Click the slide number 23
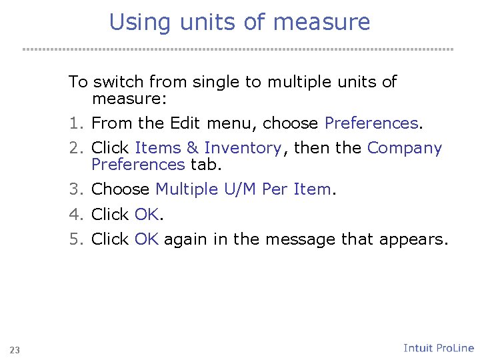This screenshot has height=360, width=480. pyautogui.click(x=15, y=350)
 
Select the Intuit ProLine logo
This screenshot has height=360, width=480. pyautogui.click(x=439, y=348)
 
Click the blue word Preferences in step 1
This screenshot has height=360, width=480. pyautogui.click(x=371, y=123)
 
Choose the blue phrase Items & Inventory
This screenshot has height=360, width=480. pyautogui.click(x=208, y=148)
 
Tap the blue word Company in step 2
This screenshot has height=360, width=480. pyautogui.click(x=405, y=148)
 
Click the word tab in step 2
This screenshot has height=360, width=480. pyautogui.click(x=205, y=164)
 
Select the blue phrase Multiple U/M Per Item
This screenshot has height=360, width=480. pyautogui.click(x=243, y=189)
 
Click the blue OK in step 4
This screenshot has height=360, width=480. pyautogui.click(x=147, y=215)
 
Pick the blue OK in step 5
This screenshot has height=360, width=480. pyautogui.click(x=147, y=239)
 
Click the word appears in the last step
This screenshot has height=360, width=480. pyautogui.click(x=414, y=239)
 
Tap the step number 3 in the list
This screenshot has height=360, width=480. pyautogui.click(x=74, y=189)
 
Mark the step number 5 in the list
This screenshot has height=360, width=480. pyautogui.click(x=74, y=239)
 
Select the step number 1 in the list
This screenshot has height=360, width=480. pyautogui.click(x=74, y=123)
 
